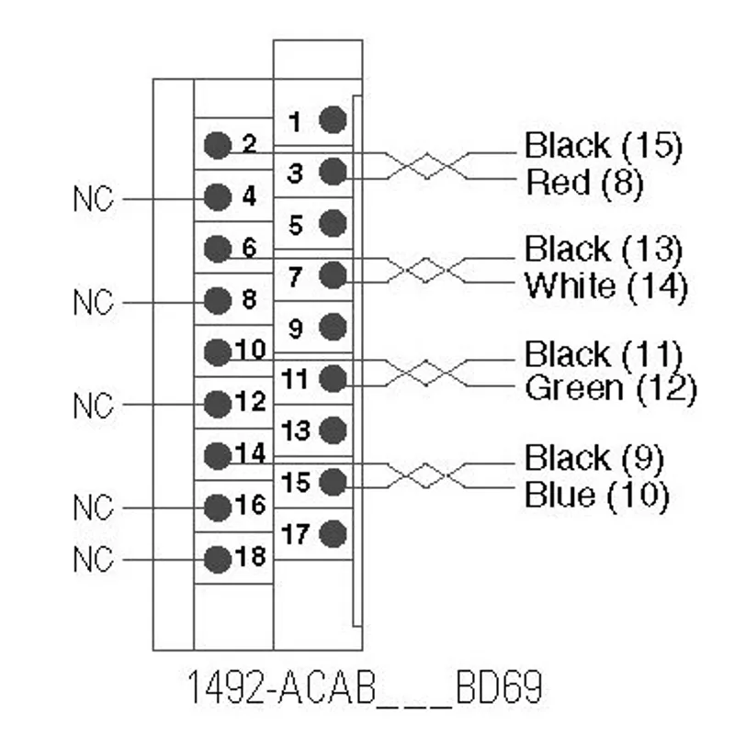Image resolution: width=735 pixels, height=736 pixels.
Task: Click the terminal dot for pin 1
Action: click(x=333, y=119)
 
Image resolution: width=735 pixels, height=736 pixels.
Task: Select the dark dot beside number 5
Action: click(x=333, y=223)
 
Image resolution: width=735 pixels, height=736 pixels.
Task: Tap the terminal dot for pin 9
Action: click(x=333, y=327)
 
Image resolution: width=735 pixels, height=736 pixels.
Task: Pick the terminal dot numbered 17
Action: click(x=333, y=534)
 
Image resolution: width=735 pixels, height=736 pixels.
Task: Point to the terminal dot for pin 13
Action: click(x=333, y=430)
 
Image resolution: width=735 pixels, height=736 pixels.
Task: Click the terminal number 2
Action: click(x=250, y=143)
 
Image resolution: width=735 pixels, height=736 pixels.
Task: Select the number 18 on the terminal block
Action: click(x=251, y=556)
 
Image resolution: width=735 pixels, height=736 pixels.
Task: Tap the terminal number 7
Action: click(x=295, y=276)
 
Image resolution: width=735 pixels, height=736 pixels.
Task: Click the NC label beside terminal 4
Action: click(x=94, y=198)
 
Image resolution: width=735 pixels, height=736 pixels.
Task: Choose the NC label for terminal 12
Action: click(x=94, y=405)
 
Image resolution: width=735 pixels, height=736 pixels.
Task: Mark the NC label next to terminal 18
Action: click(x=94, y=559)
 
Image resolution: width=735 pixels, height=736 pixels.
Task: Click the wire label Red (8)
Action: click(x=584, y=183)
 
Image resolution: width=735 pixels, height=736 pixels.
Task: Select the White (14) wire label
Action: click(x=606, y=285)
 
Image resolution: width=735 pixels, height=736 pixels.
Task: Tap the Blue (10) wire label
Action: click(x=597, y=496)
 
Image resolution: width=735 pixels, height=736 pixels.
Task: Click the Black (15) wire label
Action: click(x=604, y=146)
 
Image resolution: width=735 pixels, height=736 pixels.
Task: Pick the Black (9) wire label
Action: click(x=594, y=458)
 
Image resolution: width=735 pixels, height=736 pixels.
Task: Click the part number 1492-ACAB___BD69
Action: click(x=366, y=686)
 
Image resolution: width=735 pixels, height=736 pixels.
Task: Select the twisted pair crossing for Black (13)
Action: click(x=425, y=270)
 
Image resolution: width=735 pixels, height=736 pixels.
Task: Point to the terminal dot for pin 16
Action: click(x=218, y=507)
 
